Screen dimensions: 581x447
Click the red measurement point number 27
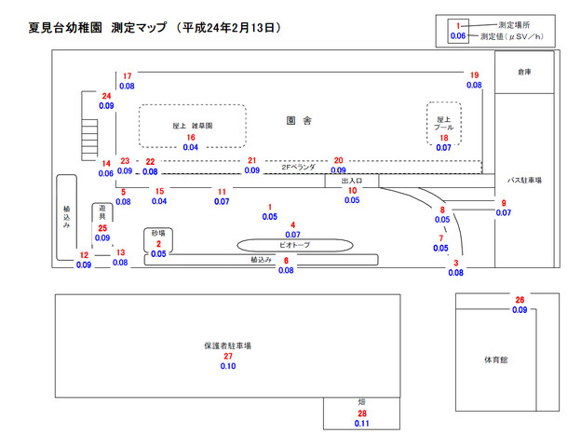point(228,356)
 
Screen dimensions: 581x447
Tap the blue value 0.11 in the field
point(361,424)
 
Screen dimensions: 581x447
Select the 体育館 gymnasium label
point(495,359)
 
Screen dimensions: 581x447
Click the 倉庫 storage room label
point(524,72)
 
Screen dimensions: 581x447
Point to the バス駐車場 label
point(524,180)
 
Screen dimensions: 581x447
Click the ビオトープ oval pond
point(295,245)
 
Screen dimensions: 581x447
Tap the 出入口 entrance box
point(352,181)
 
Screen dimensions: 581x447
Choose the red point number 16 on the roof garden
point(191,138)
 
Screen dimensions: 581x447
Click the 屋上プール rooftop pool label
point(443,123)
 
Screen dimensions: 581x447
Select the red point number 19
point(474,75)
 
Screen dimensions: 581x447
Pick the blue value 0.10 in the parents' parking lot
point(228,366)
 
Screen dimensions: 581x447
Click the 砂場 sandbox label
point(158,233)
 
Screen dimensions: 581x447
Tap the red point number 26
point(520,300)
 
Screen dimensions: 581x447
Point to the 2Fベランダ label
point(298,168)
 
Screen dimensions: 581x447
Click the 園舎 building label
point(299,120)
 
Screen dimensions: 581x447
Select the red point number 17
point(127,76)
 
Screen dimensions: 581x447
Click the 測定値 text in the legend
point(489,36)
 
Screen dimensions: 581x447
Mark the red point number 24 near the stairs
point(106,96)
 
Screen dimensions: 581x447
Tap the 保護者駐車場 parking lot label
point(227,345)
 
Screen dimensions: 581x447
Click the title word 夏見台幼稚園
point(65,28)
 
